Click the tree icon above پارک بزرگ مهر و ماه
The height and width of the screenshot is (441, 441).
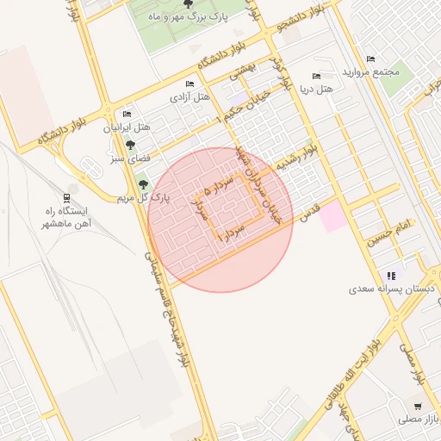[189, 4]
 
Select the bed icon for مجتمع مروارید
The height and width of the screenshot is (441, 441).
[370, 59]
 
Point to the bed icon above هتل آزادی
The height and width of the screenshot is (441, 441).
[189, 84]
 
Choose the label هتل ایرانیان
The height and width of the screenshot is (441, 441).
[127, 127]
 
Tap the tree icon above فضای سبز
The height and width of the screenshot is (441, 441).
[130, 145]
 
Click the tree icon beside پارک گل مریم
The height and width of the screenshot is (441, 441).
[142, 183]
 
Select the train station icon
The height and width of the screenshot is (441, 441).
[67, 196]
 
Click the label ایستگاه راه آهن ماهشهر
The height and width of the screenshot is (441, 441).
[66, 216]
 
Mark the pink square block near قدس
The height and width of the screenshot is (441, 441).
[332, 217]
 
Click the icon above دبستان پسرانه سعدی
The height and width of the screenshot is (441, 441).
[392, 276]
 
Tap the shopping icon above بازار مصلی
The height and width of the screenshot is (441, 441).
[418, 406]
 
